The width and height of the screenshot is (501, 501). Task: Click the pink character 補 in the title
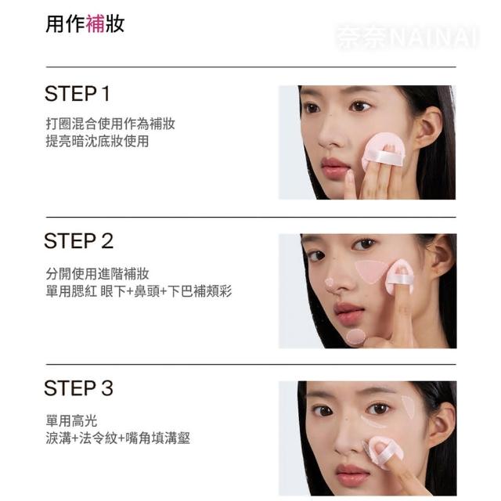(x=96, y=23)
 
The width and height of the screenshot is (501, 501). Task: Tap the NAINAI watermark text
(x=434, y=38)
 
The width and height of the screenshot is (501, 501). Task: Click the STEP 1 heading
(x=77, y=94)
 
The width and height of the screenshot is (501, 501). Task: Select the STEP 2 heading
(x=78, y=241)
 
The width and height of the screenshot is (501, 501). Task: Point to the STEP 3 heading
(x=78, y=388)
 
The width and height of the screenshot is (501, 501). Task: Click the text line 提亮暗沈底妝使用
(x=97, y=141)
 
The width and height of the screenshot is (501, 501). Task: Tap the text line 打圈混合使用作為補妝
(x=110, y=124)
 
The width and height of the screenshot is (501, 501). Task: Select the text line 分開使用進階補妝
(x=97, y=274)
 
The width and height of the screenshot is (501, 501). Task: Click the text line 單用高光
(x=71, y=421)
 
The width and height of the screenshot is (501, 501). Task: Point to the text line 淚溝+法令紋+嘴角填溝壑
(x=118, y=438)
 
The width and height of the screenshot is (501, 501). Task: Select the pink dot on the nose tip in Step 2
(x=329, y=283)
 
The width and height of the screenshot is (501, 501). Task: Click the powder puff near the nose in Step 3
(x=382, y=451)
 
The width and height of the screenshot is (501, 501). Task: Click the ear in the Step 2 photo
(x=443, y=256)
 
